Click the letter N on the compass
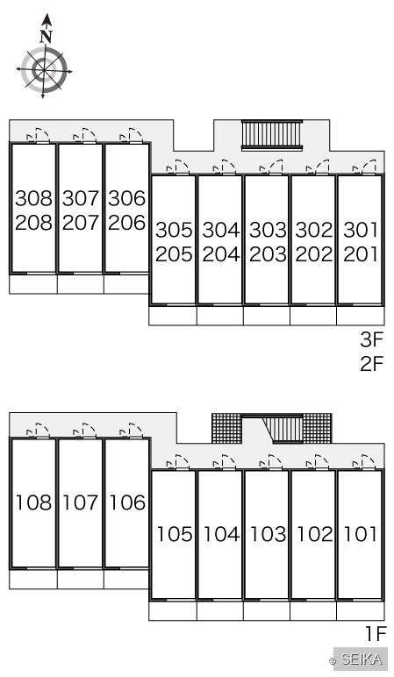pos(47,37)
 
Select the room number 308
pos(33,198)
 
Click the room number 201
pos(361,254)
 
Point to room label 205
pos(174,254)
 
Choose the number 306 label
pos(126,198)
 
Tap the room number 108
pos(33,502)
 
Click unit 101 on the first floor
pos(361,534)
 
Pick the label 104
pos(221,534)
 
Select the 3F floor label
pos(372,339)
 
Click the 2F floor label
pos(372,364)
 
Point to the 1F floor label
pos(375,634)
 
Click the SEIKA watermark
pos(361,659)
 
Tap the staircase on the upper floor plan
pos(272,135)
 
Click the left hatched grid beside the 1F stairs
pos(226,428)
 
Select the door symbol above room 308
pos(38,136)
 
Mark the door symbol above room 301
pos(364,167)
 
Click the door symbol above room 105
pos(177,462)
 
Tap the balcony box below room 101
pos(361,611)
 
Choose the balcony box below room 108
pos(33,579)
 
